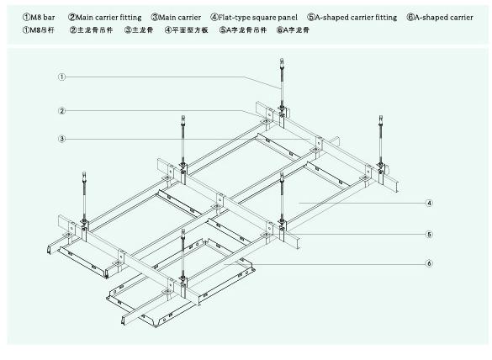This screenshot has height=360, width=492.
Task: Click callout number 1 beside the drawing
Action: (61, 77)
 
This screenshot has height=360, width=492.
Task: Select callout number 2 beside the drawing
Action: (61, 111)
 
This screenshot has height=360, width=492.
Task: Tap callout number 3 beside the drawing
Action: (61, 139)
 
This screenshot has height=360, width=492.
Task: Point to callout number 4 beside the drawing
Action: (429, 203)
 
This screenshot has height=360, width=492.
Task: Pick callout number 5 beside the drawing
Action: (429, 234)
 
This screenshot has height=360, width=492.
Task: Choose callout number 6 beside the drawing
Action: (429, 263)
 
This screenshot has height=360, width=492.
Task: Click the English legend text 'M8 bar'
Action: (42, 18)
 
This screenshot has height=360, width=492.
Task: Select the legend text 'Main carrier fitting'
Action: (108, 18)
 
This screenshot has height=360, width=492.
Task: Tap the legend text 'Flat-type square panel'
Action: (258, 18)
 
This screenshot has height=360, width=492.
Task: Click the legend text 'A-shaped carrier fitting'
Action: (356, 18)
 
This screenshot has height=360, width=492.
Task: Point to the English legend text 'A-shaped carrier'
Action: (444, 18)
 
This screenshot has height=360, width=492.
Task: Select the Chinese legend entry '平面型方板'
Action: (190, 30)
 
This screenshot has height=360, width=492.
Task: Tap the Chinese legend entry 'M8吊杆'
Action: (42, 30)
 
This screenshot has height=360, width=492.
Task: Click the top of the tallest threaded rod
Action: (282, 60)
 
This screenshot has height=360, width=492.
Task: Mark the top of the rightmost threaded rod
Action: (381, 117)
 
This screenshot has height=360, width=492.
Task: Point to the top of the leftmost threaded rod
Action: (84, 173)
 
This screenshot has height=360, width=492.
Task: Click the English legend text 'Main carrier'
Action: (179, 18)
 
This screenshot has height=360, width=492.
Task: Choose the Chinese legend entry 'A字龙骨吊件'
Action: (246, 30)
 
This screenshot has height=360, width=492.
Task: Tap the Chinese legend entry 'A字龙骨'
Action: (296, 30)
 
